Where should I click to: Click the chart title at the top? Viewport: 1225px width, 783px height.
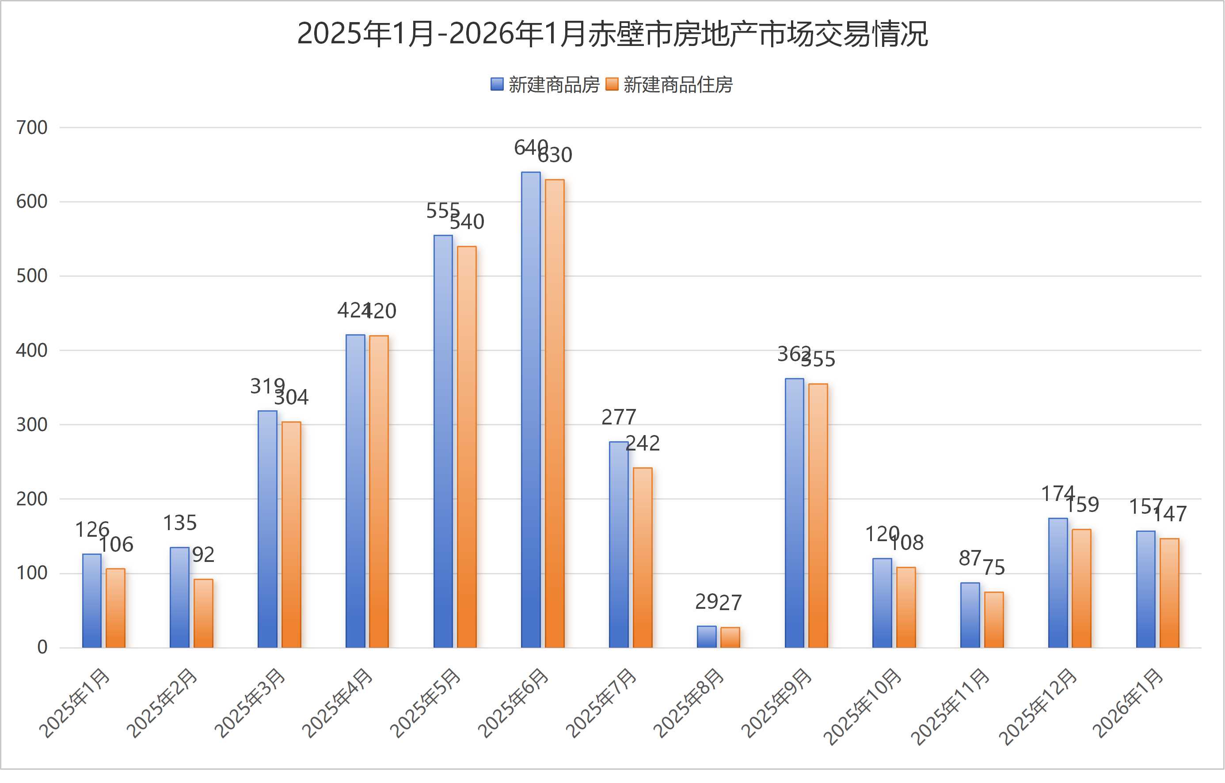click(612, 34)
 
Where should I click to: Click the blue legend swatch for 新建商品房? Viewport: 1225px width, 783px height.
click(497, 84)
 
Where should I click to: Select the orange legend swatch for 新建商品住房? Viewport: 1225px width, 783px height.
click(612, 84)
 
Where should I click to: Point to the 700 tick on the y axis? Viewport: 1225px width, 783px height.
click(31, 128)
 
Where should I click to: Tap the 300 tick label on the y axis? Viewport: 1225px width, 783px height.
click(31, 425)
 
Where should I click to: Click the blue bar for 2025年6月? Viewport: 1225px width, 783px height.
click(531, 410)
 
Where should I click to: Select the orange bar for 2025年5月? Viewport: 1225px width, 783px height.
click(467, 447)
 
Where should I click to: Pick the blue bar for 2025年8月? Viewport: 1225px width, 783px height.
click(706, 637)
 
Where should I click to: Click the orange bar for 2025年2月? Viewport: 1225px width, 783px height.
click(203, 614)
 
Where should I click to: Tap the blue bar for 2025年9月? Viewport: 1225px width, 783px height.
click(794, 513)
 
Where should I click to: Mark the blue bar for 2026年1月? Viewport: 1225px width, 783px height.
click(1145, 589)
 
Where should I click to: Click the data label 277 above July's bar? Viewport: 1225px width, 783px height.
click(619, 417)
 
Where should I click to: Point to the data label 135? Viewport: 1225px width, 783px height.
click(179, 523)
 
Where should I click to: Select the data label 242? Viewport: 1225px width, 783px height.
click(643, 444)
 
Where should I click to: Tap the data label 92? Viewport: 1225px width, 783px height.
click(203, 555)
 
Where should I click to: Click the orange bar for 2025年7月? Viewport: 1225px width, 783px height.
click(643, 558)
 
